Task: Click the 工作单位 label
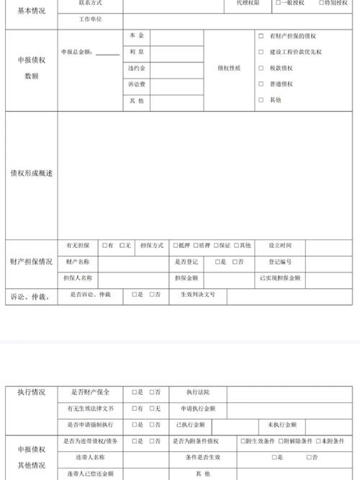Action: (x=90, y=19)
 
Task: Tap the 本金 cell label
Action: (x=137, y=35)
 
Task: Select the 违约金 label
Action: (x=137, y=68)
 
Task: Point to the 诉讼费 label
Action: (x=137, y=84)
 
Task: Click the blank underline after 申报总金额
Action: (x=107, y=53)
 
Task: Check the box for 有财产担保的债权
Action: (x=261, y=35)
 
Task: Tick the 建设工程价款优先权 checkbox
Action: (x=261, y=52)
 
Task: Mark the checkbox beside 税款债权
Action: (x=261, y=68)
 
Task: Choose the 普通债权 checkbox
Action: (x=261, y=84)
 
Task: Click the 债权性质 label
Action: (x=228, y=68)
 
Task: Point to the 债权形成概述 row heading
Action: (x=32, y=174)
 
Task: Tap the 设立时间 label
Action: (x=280, y=246)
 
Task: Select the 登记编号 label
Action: (x=280, y=262)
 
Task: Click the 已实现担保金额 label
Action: (x=280, y=277)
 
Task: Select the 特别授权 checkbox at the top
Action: (x=321, y=3)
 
